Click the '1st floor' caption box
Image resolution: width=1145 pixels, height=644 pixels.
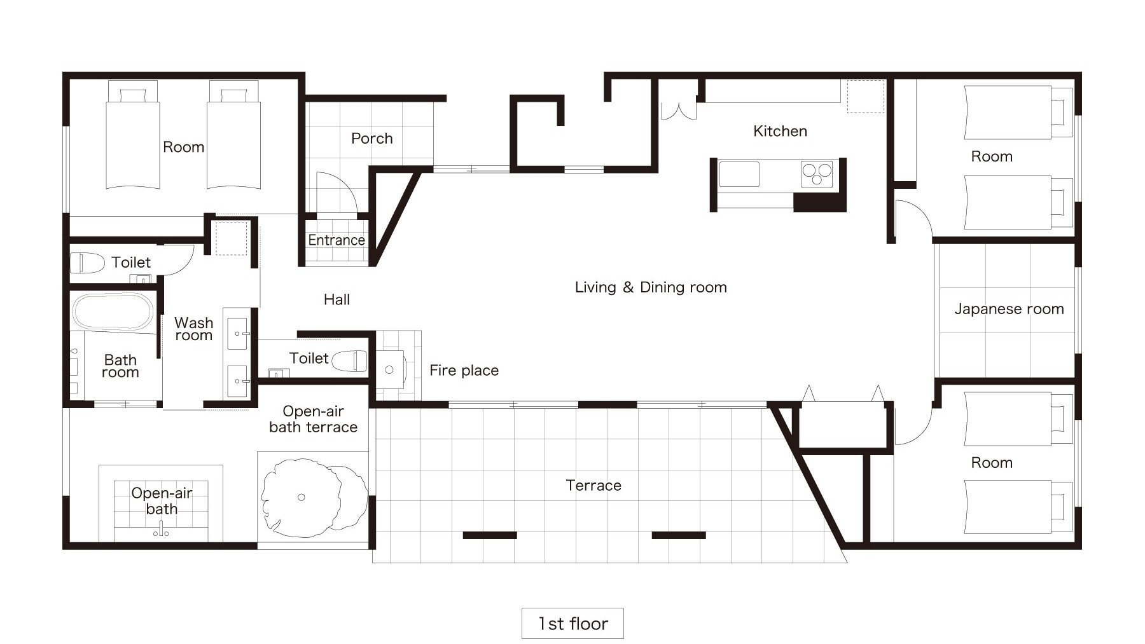572,623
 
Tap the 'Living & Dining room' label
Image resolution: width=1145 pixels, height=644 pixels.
651,287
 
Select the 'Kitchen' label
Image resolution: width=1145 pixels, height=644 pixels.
780,131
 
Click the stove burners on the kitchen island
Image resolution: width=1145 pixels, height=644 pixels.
817,174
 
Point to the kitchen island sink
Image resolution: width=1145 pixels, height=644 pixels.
739,174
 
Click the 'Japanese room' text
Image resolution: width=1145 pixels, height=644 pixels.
1009,309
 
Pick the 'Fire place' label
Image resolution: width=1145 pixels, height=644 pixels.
464,370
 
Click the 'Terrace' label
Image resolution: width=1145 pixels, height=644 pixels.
593,486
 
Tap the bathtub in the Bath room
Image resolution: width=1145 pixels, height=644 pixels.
113,311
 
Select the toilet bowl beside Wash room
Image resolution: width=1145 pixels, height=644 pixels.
87,263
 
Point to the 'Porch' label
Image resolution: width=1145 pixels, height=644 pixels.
372,139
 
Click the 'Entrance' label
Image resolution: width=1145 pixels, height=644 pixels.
337,240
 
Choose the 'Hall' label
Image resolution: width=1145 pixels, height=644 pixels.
337,299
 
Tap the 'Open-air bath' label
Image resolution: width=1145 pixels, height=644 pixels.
162,501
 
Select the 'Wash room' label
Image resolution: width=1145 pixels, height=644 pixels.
194,329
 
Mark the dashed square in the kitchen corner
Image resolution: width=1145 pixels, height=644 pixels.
865,97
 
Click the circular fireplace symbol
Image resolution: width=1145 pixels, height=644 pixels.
389,369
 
